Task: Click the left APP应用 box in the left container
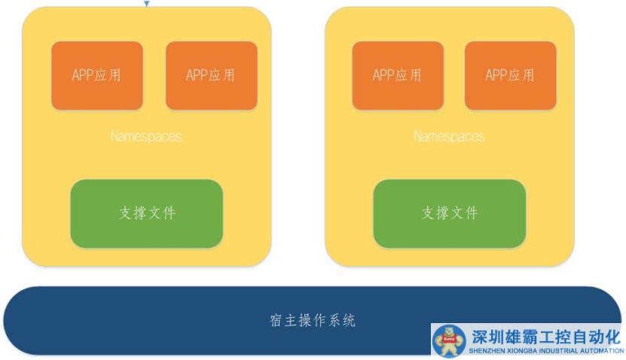96,75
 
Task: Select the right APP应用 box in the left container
211,75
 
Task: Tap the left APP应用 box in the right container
397,75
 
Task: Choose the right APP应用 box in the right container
510,75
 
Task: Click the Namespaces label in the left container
146,137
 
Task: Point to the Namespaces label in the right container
449,137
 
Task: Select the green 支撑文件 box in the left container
147,213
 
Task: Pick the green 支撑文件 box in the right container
450,213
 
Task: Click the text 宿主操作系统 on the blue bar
313,321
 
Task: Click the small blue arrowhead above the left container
147,4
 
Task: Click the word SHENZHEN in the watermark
487,351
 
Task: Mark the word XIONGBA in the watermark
524,351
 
